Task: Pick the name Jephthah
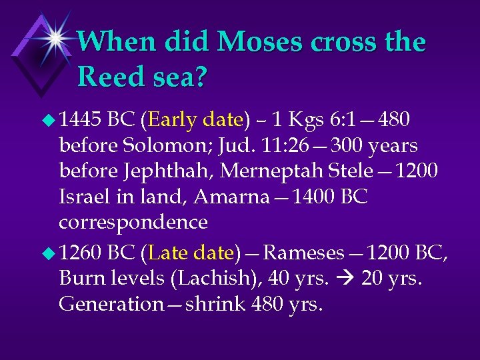(169, 171)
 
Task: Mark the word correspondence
(133, 221)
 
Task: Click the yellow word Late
(168, 253)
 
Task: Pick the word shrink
(215, 304)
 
